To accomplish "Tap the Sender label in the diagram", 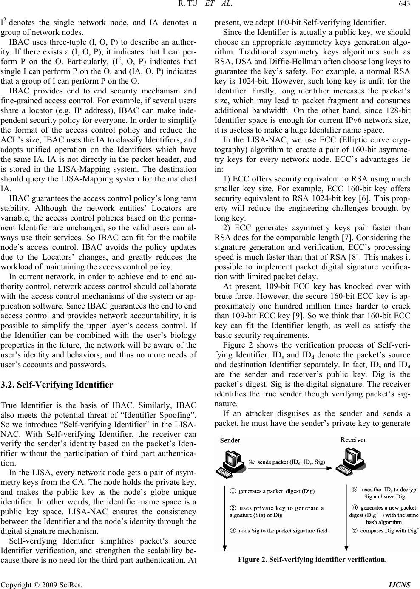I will point(230,440).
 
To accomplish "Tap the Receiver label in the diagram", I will point(353,440).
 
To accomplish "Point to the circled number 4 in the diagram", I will point(252,462).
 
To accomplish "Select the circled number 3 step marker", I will point(233,530).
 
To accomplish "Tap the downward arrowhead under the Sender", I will point(224,548).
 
